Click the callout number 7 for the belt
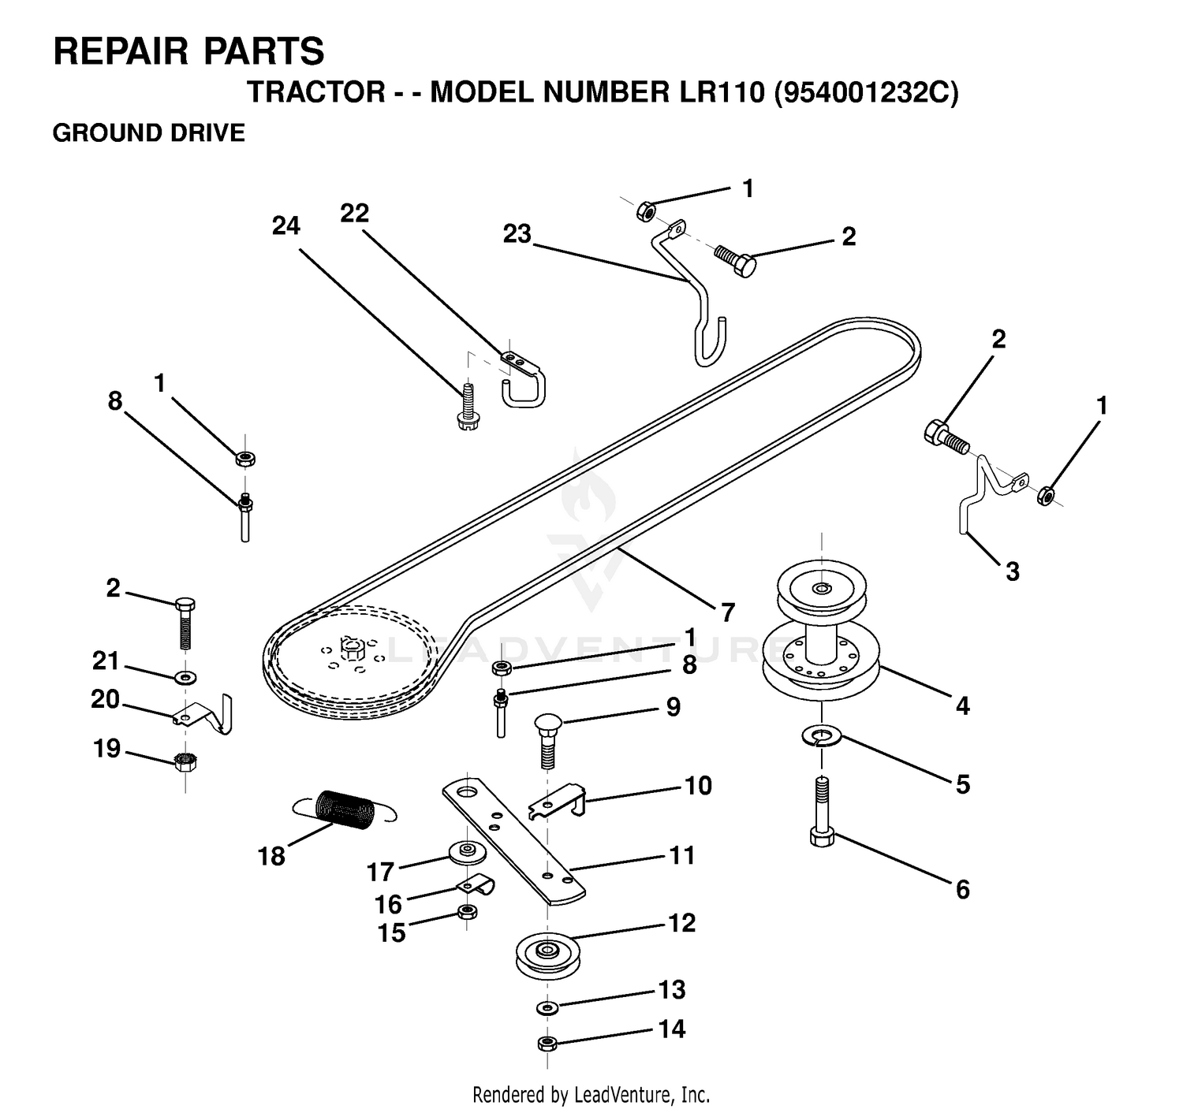click(x=728, y=612)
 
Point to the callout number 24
click(x=286, y=225)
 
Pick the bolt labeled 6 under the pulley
click(x=822, y=813)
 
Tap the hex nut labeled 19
click(x=185, y=761)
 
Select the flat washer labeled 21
click(x=186, y=677)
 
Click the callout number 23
click(x=517, y=234)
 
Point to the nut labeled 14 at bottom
click(x=547, y=1043)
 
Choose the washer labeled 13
click(x=547, y=1007)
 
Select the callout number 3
click(x=1013, y=571)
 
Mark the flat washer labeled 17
click(x=468, y=852)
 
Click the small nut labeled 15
click(x=468, y=911)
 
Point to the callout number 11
click(x=682, y=855)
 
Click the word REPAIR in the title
click(x=121, y=51)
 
